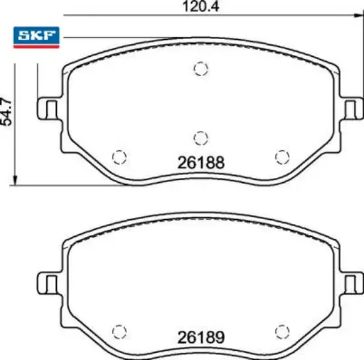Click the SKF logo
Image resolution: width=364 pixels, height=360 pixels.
coord(36,37)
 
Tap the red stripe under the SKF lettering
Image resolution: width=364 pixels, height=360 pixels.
coord(36,46)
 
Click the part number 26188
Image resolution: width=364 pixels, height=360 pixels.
coord(202,161)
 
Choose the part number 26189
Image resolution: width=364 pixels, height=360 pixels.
coord(202,337)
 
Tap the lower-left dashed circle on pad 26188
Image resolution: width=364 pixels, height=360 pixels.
coord(119,156)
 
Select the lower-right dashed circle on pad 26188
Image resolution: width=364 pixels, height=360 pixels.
coord(283,156)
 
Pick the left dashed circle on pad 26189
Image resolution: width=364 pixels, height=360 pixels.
coord(119,331)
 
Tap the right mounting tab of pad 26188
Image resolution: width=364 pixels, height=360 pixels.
coord(352,108)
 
